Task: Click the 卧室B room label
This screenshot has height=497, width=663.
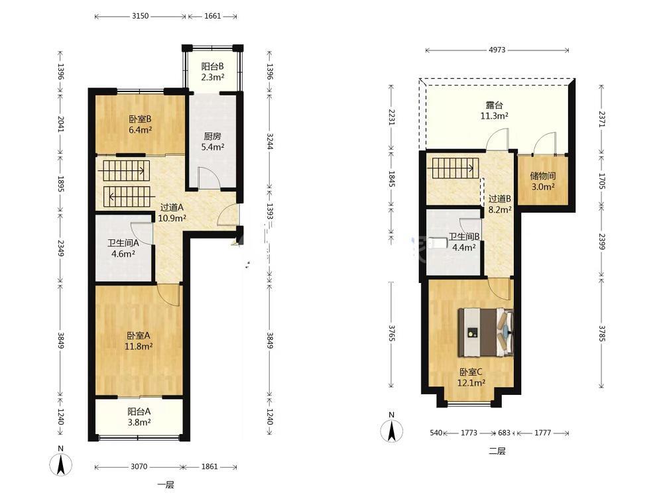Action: (140, 125)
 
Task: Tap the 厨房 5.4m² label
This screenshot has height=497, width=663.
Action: (212, 142)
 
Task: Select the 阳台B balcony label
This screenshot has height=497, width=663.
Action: (212, 72)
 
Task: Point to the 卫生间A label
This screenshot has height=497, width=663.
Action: (123, 248)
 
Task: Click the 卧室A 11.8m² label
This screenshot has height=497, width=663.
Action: (139, 341)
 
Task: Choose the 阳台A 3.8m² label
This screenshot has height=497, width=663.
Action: (139, 417)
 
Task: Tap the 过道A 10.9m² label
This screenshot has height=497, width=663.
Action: (172, 213)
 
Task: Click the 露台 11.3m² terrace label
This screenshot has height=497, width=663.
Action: (495, 110)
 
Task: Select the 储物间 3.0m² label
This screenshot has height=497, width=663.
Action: (543, 182)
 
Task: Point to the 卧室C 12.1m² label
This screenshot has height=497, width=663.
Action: (471, 378)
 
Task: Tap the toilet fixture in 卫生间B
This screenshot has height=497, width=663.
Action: (437, 243)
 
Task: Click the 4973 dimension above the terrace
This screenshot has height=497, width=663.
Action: (497, 50)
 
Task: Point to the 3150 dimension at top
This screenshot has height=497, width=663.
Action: (141, 16)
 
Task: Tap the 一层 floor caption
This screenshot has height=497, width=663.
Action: (166, 485)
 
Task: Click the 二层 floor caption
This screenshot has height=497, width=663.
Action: (497, 451)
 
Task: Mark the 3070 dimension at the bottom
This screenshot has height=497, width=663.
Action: (139, 467)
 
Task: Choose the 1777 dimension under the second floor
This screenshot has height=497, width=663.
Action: (543, 433)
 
